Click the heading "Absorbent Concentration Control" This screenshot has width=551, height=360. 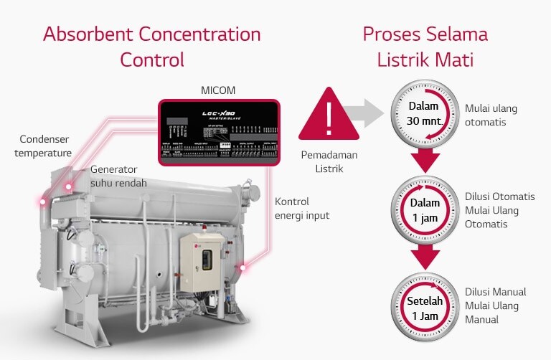coord(152,46)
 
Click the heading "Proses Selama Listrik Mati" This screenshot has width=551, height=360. coord(425,46)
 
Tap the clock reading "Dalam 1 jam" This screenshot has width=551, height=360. coord(423,209)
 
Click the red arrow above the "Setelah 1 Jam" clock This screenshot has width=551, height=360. coord(423,256)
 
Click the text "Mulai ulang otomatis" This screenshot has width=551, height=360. coord(491,115)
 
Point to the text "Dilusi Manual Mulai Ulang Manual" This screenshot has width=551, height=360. coord(495,305)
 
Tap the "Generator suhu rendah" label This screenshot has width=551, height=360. coord(118,176)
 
